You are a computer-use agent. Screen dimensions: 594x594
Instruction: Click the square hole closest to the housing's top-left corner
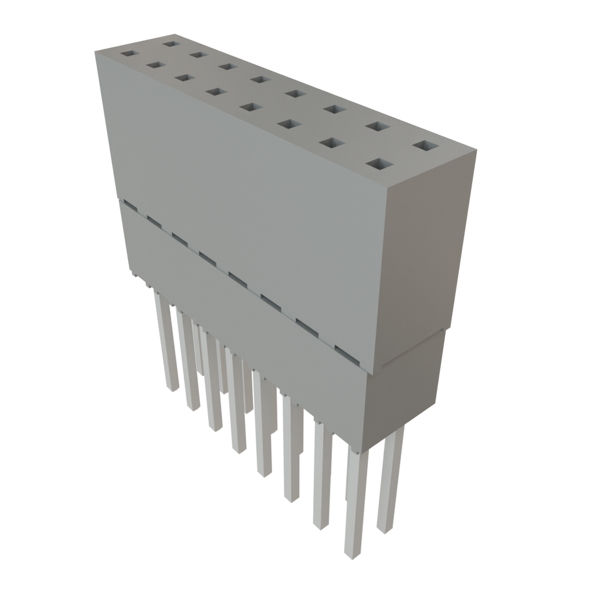click(x=128, y=53)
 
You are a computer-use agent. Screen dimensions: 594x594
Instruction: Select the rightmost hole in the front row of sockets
click(x=377, y=165)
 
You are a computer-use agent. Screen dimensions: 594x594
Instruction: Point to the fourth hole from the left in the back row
click(x=260, y=79)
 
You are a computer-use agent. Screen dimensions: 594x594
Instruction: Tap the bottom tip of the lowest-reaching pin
click(x=353, y=555)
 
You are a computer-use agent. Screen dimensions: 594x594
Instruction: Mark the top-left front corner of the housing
click(x=95, y=51)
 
